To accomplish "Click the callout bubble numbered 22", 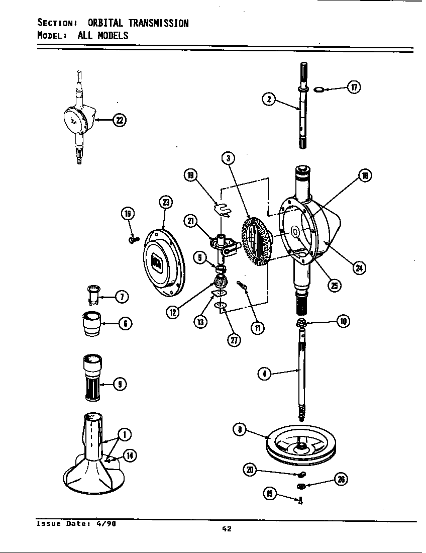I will click(119, 120).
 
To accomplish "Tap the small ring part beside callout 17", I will click(318, 89).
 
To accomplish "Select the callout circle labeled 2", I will click(269, 99).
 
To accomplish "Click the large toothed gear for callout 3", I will click(256, 240).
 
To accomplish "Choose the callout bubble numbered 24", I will click(359, 267).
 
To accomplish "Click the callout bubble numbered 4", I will click(264, 373).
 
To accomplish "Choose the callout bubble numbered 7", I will click(121, 297).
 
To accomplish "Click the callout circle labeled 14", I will click(130, 456).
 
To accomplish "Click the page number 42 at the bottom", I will click(226, 528).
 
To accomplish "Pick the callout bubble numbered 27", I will click(234, 340).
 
